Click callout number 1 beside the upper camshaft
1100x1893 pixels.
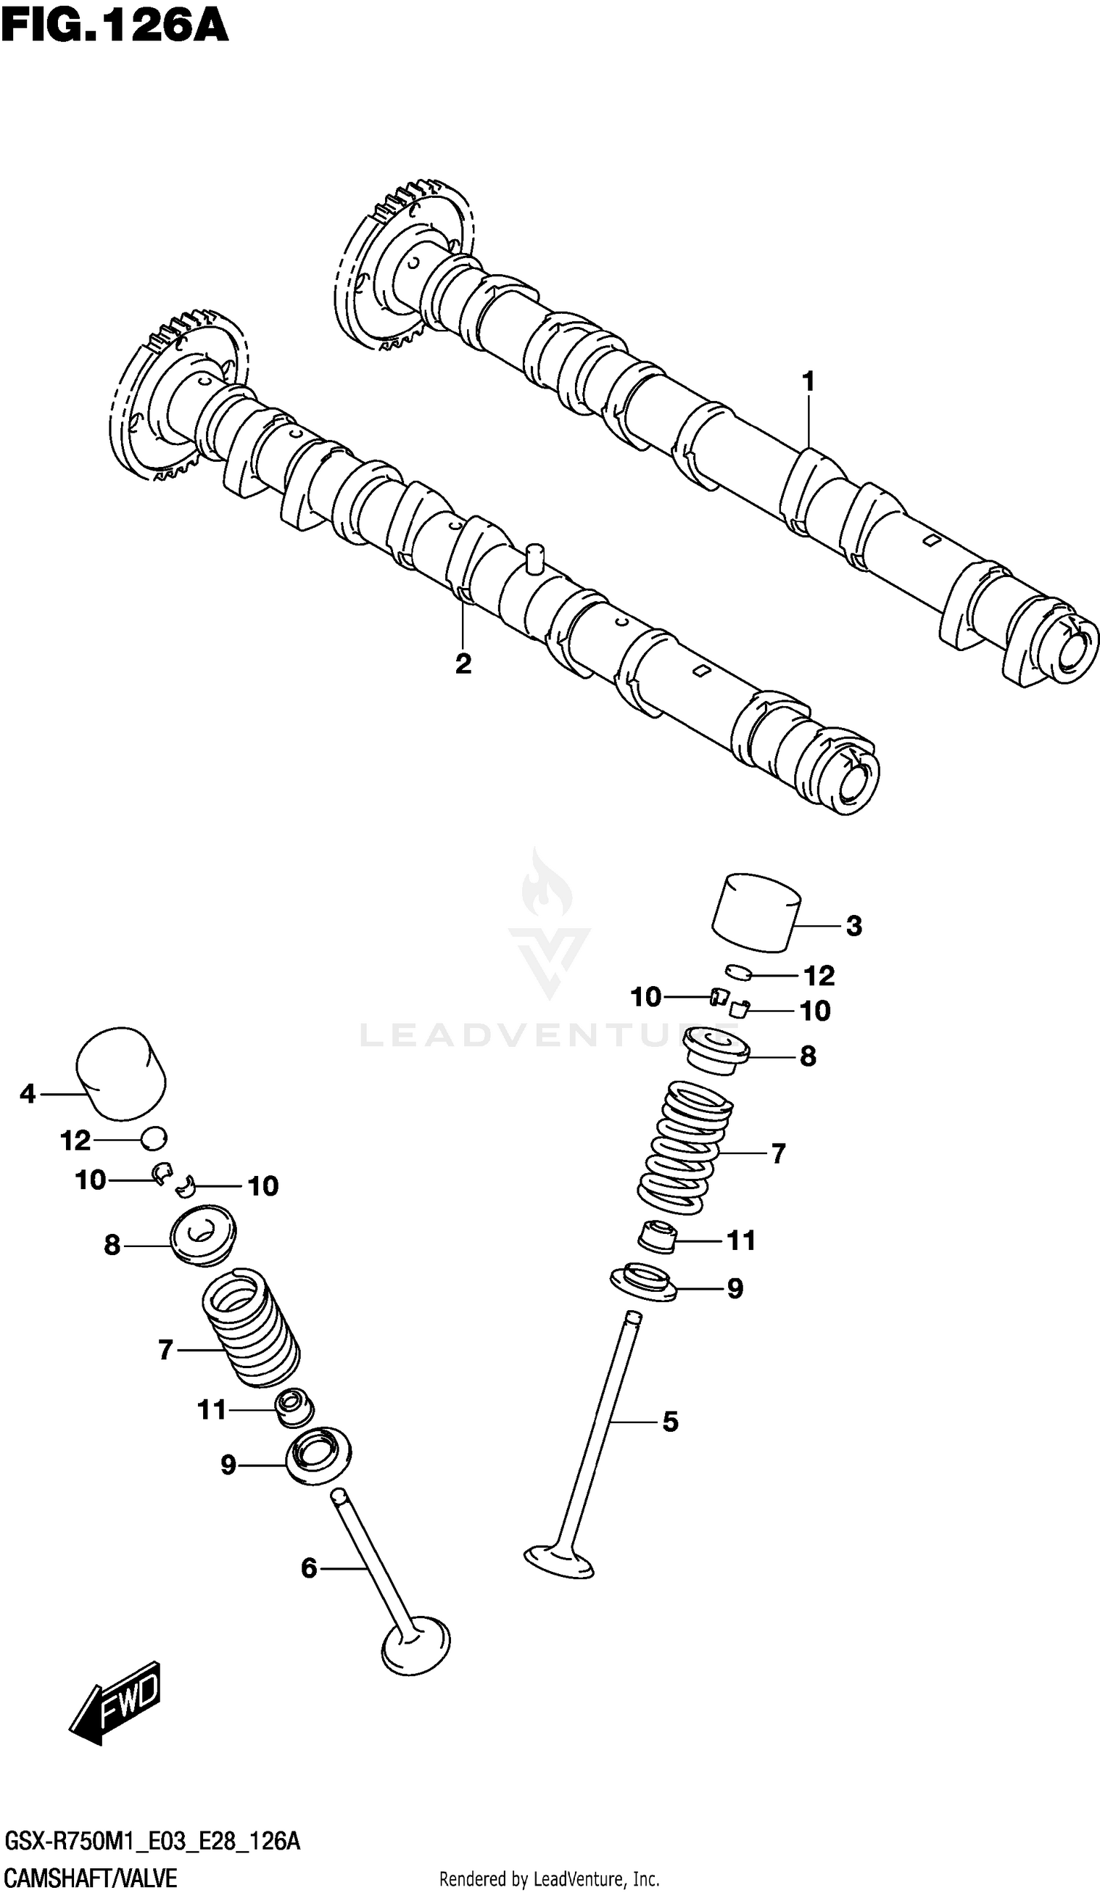pyautogui.click(x=808, y=383)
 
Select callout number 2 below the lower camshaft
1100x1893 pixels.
pyautogui.click(x=463, y=664)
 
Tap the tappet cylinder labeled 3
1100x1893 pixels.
pyautogui.click(x=755, y=912)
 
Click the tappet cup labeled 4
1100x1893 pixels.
pyautogui.click(x=120, y=1073)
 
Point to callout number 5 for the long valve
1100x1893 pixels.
pyautogui.click(x=670, y=1422)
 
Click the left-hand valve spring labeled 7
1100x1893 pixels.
pyautogui.click(x=251, y=1328)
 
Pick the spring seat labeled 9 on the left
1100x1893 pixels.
pyautogui.click(x=318, y=1456)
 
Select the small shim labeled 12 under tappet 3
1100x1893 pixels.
pyautogui.click(x=738, y=972)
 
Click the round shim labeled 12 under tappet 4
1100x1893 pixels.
pyautogui.click(x=154, y=1139)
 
